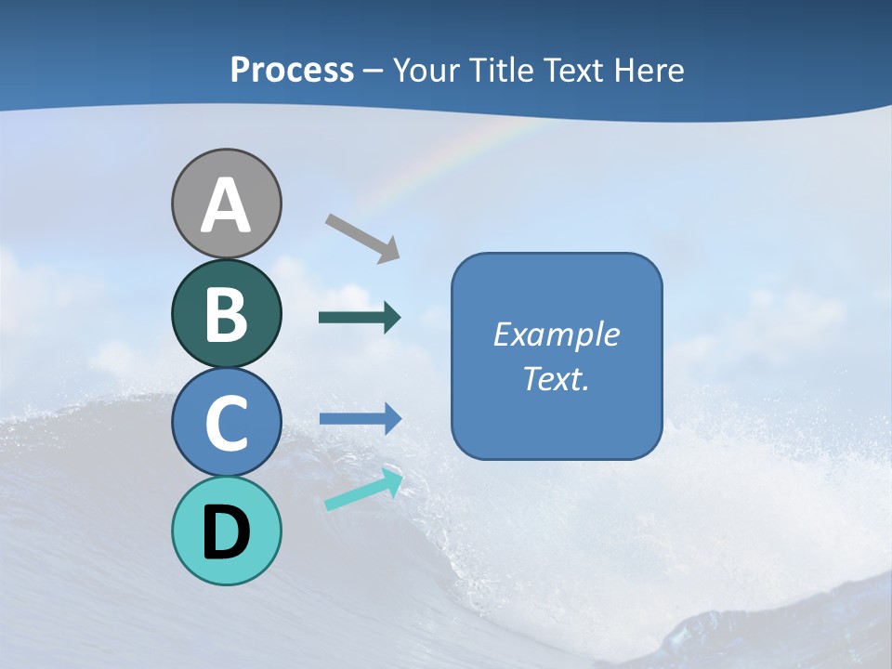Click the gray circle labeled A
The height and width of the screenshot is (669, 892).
[x=226, y=203]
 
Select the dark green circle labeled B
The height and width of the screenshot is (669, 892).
[x=226, y=313]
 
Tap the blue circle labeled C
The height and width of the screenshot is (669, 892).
[x=226, y=422]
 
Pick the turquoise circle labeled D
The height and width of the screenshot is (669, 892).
[x=226, y=531]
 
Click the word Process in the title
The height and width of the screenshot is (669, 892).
[x=292, y=71]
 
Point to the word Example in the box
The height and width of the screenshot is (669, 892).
[x=556, y=334]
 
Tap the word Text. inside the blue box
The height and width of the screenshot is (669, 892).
[x=556, y=379]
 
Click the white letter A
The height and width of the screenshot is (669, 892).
[x=226, y=205]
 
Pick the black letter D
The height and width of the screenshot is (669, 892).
[x=226, y=532]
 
